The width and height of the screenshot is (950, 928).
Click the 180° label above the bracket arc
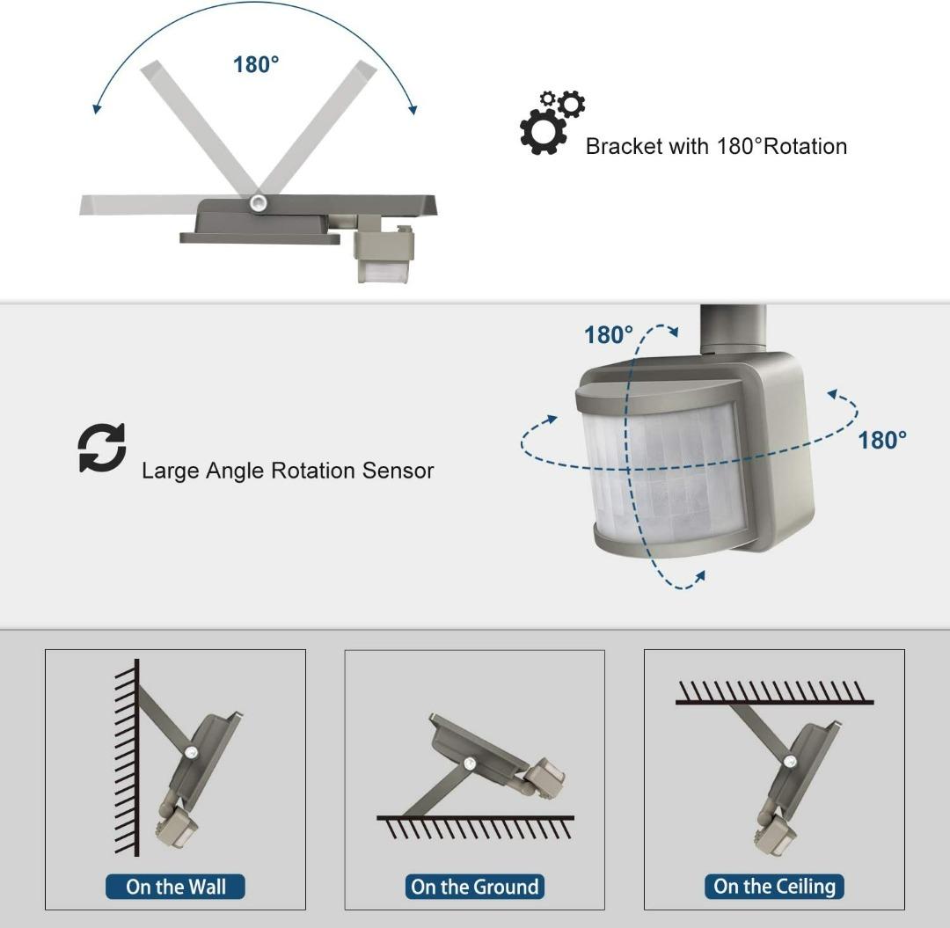(x=256, y=64)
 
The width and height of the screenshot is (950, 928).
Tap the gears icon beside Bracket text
(x=552, y=122)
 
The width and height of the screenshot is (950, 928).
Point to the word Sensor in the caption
(x=398, y=471)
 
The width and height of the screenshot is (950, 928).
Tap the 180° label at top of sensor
(x=609, y=334)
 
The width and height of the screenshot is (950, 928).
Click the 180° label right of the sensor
(x=882, y=440)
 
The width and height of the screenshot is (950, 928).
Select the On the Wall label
(x=176, y=887)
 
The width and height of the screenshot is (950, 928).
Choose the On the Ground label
(x=474, y=887)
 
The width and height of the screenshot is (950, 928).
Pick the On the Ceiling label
(x=774, y=886)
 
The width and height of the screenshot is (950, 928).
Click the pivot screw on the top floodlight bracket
(x=259, y=203)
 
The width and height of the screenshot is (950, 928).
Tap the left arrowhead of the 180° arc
(x=96, y=108)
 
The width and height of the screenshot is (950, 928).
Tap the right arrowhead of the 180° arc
(x=413, y=109)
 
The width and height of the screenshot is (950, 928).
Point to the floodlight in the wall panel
(x=203, y=756)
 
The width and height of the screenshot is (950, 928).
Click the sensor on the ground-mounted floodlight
(x=544, y=775)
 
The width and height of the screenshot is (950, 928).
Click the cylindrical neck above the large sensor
(x=733, y=327)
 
